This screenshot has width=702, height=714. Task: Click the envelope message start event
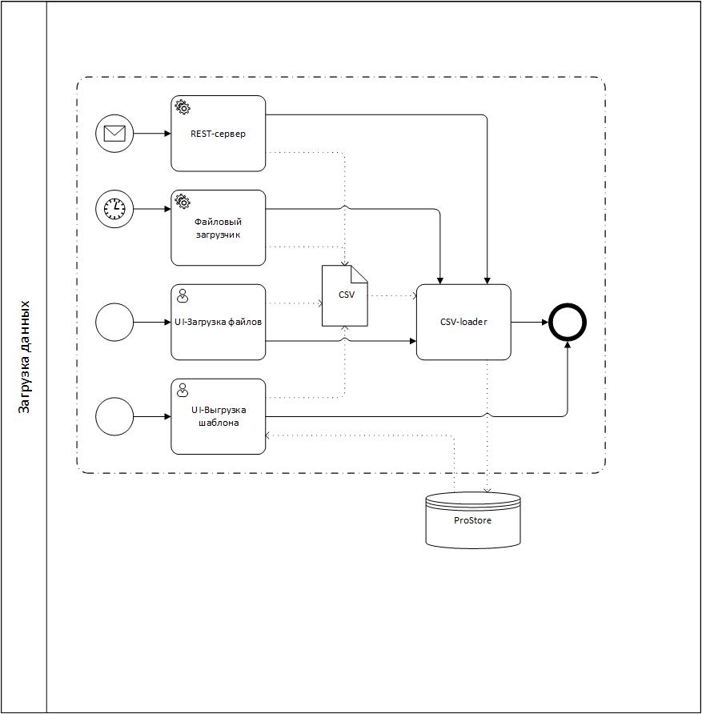pyautogui.click(x=114, y=134)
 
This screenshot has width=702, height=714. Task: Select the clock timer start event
pyautogui.click(x=114, y=209)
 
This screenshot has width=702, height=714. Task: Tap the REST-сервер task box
pyautogui.click(x=218, y=134)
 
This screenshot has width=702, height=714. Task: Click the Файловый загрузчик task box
pyautogui.click(x=218, y=228)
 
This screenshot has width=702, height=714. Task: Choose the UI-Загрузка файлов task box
pyautogui.click(x=218, y=322)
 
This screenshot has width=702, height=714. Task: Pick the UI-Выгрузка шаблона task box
pyautogui.click(x=218, y=416)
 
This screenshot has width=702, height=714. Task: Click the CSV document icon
pyautogui.click(x=344, y=296)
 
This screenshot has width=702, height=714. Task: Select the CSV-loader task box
pyautogui.click(x=463, y=322)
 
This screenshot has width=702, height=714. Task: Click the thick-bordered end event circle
pyautogui.click(x=568, y=323)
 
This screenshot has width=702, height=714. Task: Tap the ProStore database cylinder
pyautogui.click(x=473, y=520)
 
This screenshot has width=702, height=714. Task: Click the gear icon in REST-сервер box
pyautogui.click(x=183, y=107)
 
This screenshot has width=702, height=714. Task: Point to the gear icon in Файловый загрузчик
pyautogui.click(x=183, y=202)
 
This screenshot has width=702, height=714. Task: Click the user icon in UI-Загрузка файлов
pyautogui.click(x=183, y=296)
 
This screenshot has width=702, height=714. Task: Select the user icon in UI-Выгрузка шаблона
pyautogui.click(x=183, y=391)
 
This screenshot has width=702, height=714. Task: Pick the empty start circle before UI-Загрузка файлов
pyautogui.click(x=114, y=323)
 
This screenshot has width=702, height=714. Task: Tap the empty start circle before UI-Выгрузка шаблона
pyautogui.click(x=114, y=417)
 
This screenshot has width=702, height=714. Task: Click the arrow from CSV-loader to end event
pyautogui.click(x=528, y=323)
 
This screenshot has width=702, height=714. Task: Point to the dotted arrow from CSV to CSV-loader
pyautogui.click(x=392, y=296)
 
